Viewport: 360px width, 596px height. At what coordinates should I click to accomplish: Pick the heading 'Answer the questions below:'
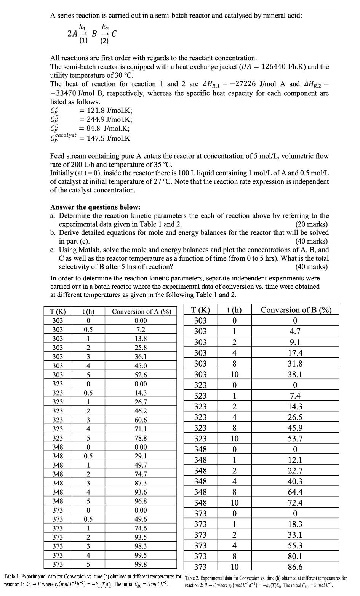click(x=95, y=207)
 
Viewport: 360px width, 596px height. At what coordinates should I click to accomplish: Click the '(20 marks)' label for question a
click(x=311, y=224)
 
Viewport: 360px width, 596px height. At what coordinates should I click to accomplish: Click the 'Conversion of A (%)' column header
click(x=141, y=311)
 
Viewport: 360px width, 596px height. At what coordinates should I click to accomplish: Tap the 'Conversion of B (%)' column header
click(x=296, y=310)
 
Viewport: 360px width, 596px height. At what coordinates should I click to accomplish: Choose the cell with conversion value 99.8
click(x=141, y=564)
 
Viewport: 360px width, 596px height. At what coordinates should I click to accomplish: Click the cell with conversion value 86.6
click(x=296, y=567)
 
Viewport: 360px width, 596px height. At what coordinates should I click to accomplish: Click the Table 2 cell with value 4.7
click(x=296, y=331)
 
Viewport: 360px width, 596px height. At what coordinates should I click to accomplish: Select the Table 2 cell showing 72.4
click(x=296, y=502)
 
